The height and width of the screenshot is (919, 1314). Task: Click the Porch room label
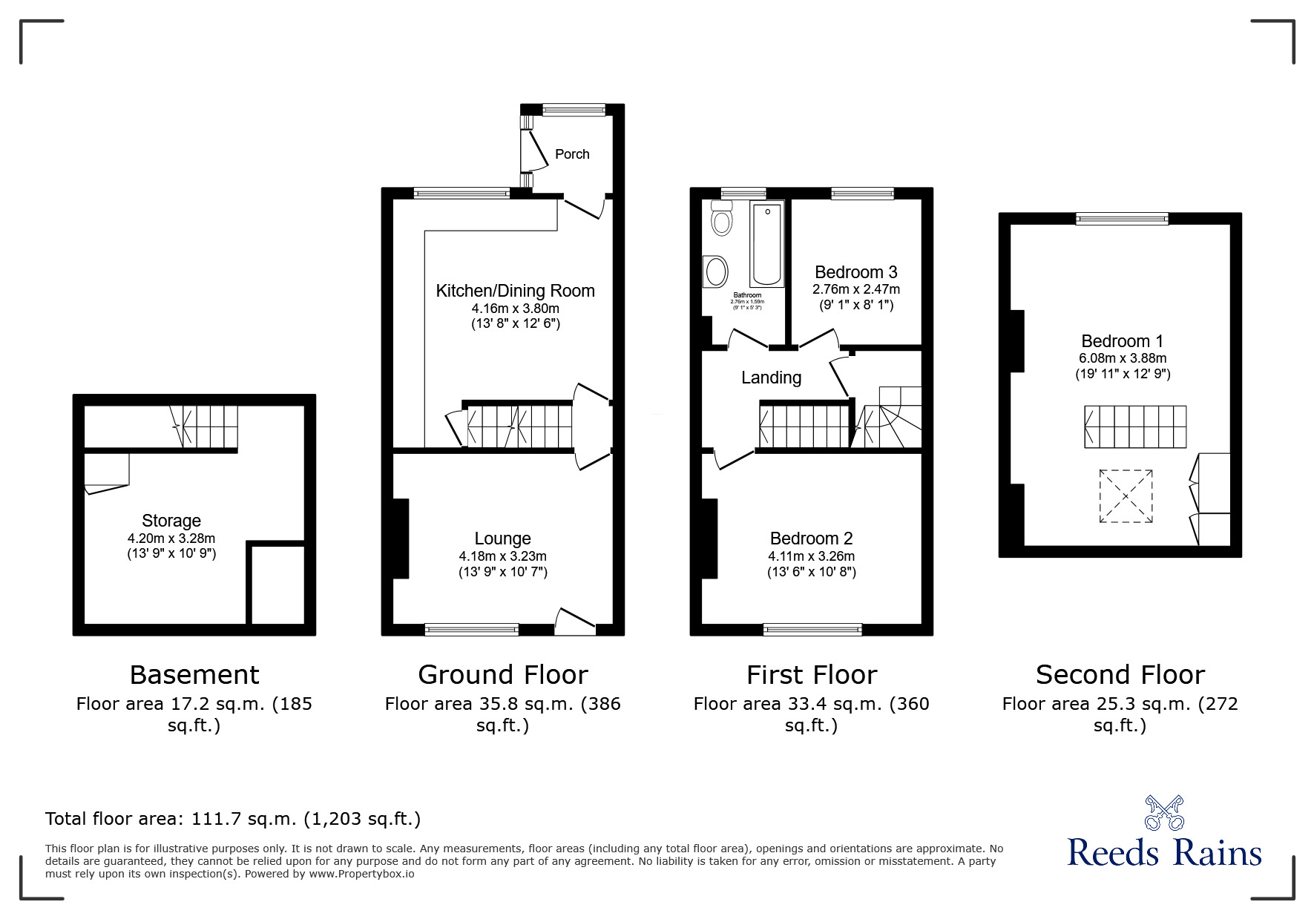point(572,154)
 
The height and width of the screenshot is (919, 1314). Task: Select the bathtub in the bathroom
point(767,244)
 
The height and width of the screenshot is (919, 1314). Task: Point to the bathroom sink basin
point(717,271)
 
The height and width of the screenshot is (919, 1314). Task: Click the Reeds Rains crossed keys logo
point(1164,812)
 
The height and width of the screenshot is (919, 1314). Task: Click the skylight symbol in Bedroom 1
point(1126,496)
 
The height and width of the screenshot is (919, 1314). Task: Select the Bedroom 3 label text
point(855,272)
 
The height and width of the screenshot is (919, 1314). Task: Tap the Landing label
point(771,378)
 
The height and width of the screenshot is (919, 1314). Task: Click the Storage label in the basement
point(171,521)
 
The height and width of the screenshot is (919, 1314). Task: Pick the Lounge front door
point(575,622)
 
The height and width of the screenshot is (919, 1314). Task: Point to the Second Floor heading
point(1120,675)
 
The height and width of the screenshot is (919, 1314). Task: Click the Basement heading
point(194,675)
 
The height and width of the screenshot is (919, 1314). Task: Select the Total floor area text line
point(233,819)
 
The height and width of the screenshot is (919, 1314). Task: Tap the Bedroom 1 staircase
point(1134,426)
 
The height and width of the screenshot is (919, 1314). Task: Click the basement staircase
point(205,426)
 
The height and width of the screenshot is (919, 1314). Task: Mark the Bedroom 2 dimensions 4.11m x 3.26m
point(811,556)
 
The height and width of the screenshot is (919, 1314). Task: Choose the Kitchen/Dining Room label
point(515,291)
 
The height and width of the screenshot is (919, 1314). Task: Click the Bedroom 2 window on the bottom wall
point(812,630)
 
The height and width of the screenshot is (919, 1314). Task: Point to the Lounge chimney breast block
point(401,538)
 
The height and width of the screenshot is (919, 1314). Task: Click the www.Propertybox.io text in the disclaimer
point(362,874)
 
